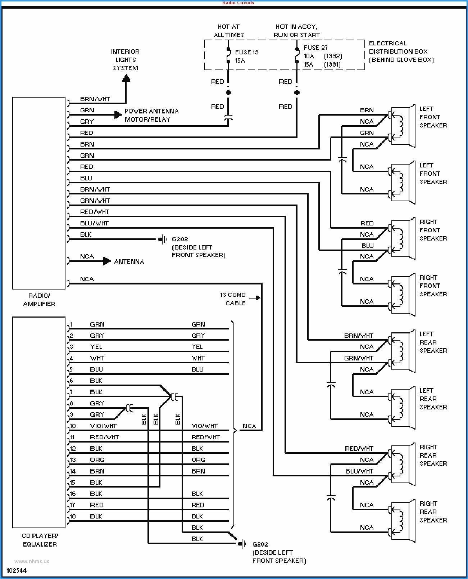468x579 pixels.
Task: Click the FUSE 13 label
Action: tap(246, 52)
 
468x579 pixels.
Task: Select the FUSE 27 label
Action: tap(315, 48)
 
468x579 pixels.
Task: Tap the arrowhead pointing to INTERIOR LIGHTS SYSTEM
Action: tap(126, 78)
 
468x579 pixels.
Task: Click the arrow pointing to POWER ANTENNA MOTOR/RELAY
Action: tap(118, 115)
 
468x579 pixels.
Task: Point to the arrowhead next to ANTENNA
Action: tap(107, 261)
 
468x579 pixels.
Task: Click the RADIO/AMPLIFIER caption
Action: tap(39, 300)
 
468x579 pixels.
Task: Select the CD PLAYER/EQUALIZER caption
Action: tap(40, 540)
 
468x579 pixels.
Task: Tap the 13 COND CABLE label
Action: tap(233, 299)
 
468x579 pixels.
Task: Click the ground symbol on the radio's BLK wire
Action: tap(163, 239)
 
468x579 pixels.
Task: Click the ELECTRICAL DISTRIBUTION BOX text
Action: tap(401, 51)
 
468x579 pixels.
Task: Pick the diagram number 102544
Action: tap(17, 571)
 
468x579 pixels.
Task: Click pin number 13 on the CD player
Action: tap(73, 460)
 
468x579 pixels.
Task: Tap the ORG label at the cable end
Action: tap(198, 460)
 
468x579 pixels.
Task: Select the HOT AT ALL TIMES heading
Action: tap(228, 31)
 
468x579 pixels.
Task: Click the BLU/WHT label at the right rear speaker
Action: tap(359, 471)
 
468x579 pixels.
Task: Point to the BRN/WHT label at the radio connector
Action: tap(95, 99)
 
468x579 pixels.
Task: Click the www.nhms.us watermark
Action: tap(32, 561)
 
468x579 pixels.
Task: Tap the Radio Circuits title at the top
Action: tap(238, 3)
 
